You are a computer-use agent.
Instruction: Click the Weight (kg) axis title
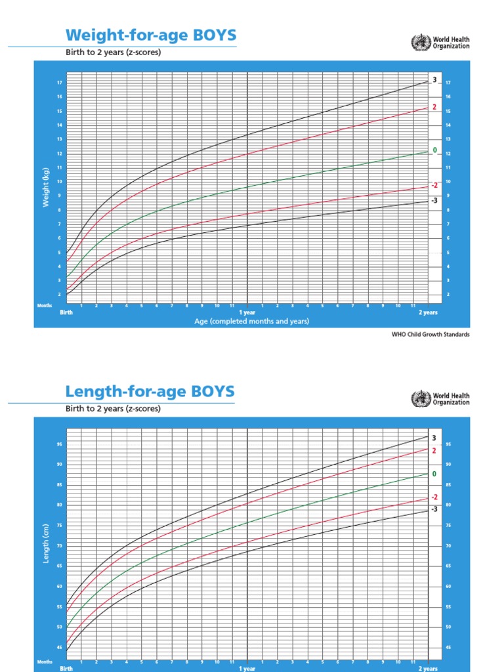pos(47,187)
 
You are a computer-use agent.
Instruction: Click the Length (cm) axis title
pos(47,543)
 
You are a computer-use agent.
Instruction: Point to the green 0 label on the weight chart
pos(434,151)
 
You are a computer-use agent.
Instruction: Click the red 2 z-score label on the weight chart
pos(434,106)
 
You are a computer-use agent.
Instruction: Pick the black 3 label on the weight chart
pos(434,80)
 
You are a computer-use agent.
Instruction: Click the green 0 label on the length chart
pos(434,474)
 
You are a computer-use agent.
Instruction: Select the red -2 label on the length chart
pos(434,497)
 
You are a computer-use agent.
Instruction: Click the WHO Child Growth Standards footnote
pos(430,334)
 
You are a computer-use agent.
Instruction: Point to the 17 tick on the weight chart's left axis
pos(59,83)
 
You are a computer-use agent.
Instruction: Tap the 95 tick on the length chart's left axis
pos(59,444)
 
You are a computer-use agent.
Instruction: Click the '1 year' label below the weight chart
pos(247,312)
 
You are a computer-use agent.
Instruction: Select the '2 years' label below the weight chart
pos(428,312)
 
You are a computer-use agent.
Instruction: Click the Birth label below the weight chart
pos(67,312)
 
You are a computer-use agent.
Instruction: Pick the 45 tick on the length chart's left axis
pos(59,648)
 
